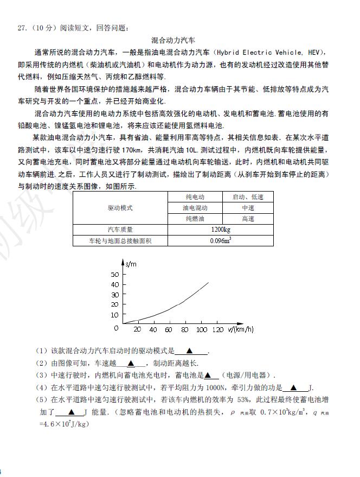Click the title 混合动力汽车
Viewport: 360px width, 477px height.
pos(173,40)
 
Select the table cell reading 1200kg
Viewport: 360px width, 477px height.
pos(221,230)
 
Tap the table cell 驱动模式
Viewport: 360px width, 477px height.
pos(120,208)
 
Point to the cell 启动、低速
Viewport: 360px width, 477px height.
pos(248,197)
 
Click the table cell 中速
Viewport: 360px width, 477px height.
pos(248,208)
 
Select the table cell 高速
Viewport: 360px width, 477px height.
pos(248,219)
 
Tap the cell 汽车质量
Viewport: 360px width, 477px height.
pos(120,230)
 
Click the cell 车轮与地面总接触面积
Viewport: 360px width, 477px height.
pos(120,240)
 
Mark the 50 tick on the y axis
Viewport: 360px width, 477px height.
pos(114,275)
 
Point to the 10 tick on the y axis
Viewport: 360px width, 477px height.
pos(114,315)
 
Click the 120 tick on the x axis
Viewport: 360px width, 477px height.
pos(217,330)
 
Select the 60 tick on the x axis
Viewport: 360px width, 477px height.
pos(169,330)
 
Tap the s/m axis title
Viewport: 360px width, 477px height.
pos(131,264)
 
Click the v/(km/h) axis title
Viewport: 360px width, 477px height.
pos(241,329)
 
